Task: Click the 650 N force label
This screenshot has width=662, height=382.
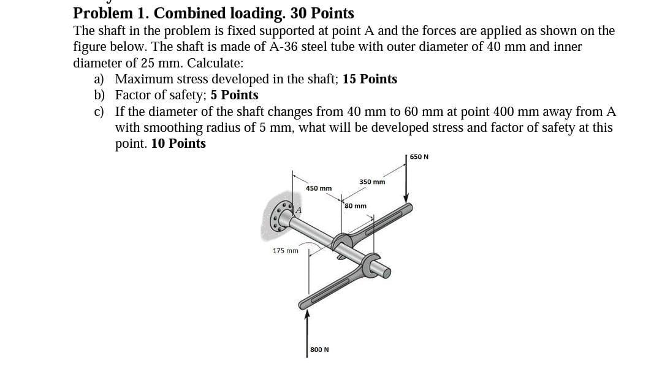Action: (419, 156)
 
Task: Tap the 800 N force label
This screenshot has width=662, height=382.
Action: (319, 350)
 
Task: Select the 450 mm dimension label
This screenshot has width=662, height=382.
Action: (319, 188)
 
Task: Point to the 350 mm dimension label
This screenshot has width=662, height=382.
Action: (372, 182)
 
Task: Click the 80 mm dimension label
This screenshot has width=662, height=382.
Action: (356, 206)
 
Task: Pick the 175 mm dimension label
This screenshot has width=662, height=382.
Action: (285, 251)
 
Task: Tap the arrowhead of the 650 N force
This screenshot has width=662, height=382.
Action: (406, 197)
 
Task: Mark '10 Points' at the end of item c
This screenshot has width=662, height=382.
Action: (178, 143)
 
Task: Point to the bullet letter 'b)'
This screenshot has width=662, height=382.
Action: (99, 95)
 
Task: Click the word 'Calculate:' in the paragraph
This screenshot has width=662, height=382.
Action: (215, 63)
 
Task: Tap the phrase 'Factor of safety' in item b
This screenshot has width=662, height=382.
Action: (161, 95)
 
